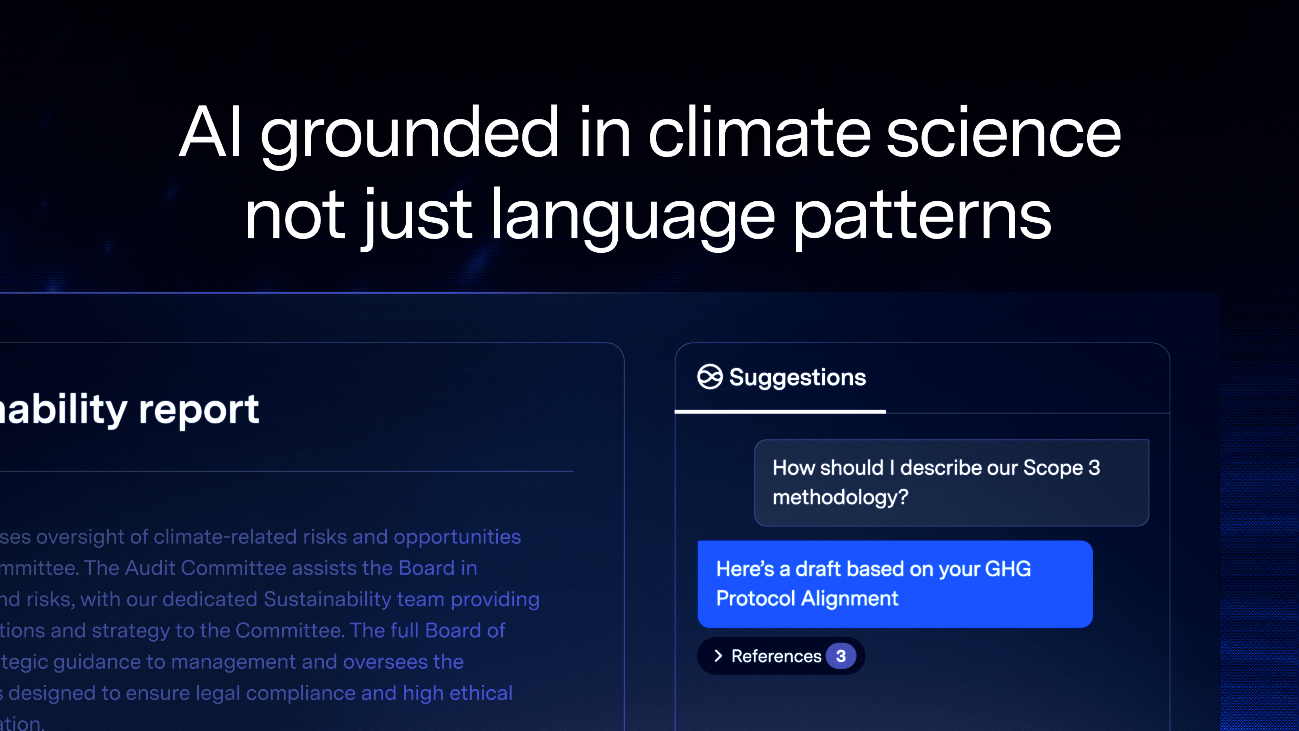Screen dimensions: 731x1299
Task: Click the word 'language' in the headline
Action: click(x=633, y=216)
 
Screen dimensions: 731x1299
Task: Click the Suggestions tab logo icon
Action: click(x=709, y=377)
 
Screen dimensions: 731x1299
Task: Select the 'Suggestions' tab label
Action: click(x=797, y=377)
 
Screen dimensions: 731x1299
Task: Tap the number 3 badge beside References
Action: click(x=841, y=656)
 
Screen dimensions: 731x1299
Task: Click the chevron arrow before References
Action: click(x=718, y=656)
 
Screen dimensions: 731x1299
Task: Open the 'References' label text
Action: click(x=776, y=656)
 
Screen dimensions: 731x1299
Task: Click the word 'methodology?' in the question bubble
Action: click(x=840, y=497)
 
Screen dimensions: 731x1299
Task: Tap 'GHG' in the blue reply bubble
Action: click(x=1007, y=569)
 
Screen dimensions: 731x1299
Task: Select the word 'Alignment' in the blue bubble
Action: click(x=850, y=599)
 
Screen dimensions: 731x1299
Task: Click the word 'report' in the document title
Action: click(x=199, y=409)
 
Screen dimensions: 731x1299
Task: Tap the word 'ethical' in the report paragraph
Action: click(x=481, y=693)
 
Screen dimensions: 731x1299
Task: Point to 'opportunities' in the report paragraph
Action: click(x=457, y=537)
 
